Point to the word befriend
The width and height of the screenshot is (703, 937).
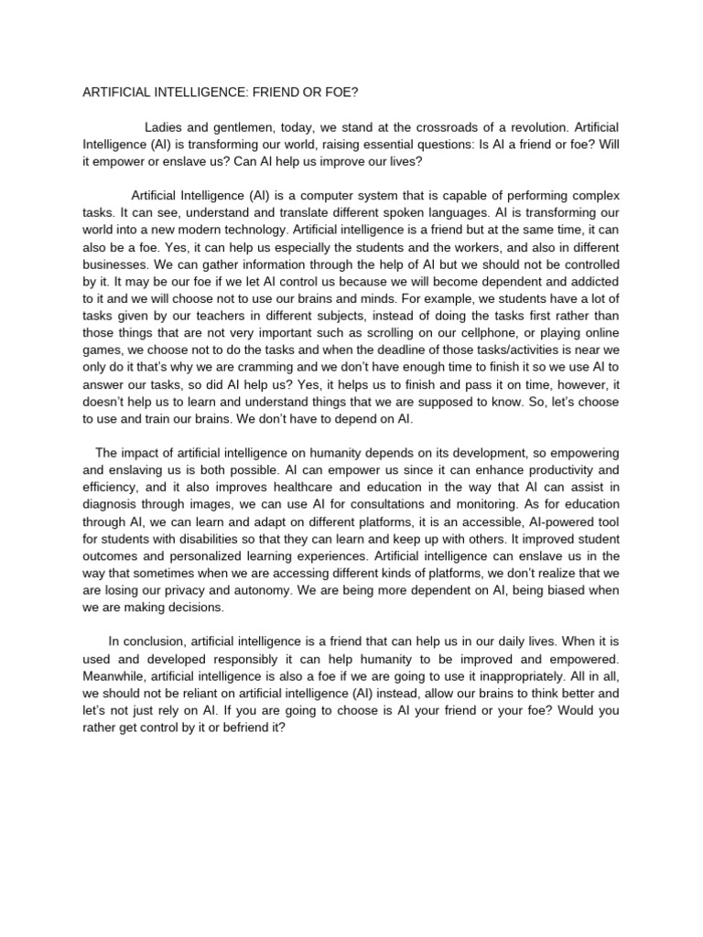(x=239, y=728)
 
